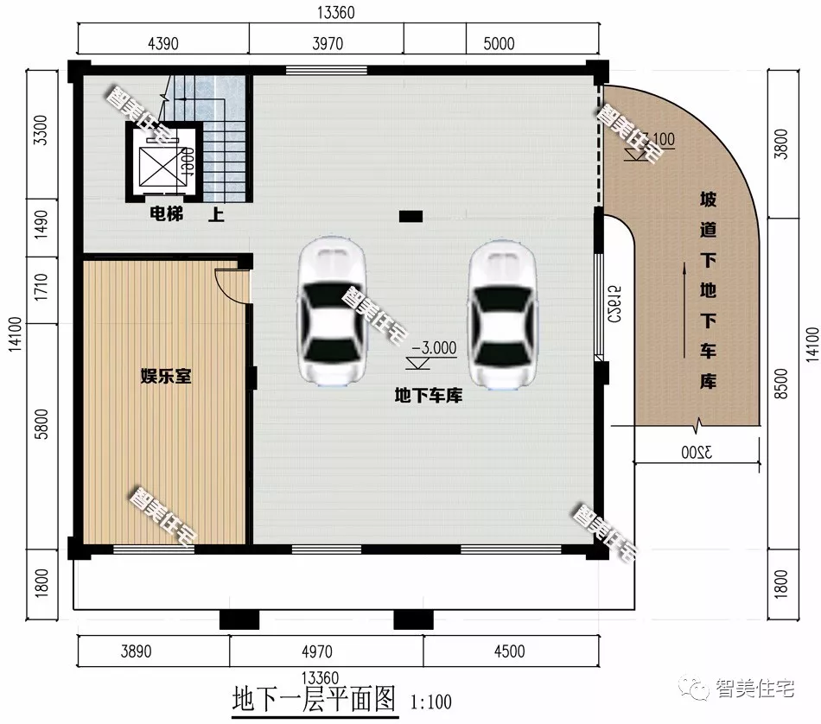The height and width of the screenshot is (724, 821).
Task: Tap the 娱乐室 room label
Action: (x=166, y=377)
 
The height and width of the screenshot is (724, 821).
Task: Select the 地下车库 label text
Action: (x=429, y=396)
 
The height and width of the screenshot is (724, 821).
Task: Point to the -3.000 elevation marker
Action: (x=434, y=349)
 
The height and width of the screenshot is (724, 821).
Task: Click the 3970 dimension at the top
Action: (x=328, y=44)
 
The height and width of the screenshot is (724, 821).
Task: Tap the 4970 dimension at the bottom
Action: (x=327, y=651)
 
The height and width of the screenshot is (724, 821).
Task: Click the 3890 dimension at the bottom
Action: (x=156, y=651)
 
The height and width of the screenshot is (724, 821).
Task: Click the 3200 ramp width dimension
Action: (x=697, y=452)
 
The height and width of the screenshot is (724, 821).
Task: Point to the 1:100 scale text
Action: (x=430, y=701)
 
